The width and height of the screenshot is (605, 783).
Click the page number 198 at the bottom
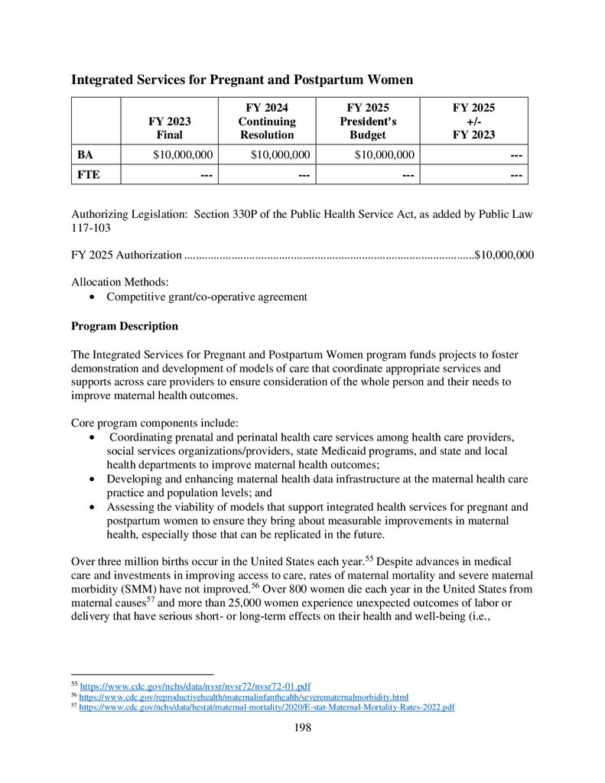(303, 727)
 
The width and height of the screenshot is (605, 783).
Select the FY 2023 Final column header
(170, 128)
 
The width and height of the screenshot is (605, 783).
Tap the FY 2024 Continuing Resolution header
(266, 121)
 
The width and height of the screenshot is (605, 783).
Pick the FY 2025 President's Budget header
(368, 121)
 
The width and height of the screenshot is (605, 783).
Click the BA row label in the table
(85, 155)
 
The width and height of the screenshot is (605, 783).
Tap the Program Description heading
(125, 327)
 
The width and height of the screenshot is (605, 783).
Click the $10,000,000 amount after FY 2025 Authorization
(504, 255)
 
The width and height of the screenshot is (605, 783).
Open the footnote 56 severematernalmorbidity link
(244, 697)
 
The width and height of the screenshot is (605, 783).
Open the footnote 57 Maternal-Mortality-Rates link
(267, 707)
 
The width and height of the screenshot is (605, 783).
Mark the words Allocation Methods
(114, 282)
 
